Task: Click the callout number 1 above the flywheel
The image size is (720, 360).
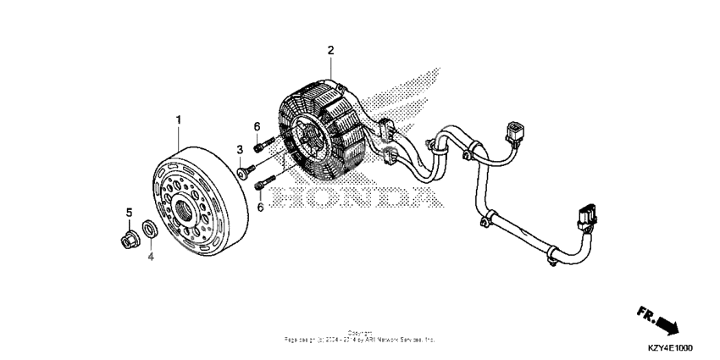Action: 179,120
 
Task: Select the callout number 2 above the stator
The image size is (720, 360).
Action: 331,50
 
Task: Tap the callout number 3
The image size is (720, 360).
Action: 240,150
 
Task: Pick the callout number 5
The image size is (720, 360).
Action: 130,212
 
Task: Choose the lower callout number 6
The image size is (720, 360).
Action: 261,207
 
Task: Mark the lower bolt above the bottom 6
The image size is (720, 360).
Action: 268,180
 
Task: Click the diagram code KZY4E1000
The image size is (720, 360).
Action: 668,348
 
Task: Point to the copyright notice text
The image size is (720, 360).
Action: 360,336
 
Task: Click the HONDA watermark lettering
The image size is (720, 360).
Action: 356,197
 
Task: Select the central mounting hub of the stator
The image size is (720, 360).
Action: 307,144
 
